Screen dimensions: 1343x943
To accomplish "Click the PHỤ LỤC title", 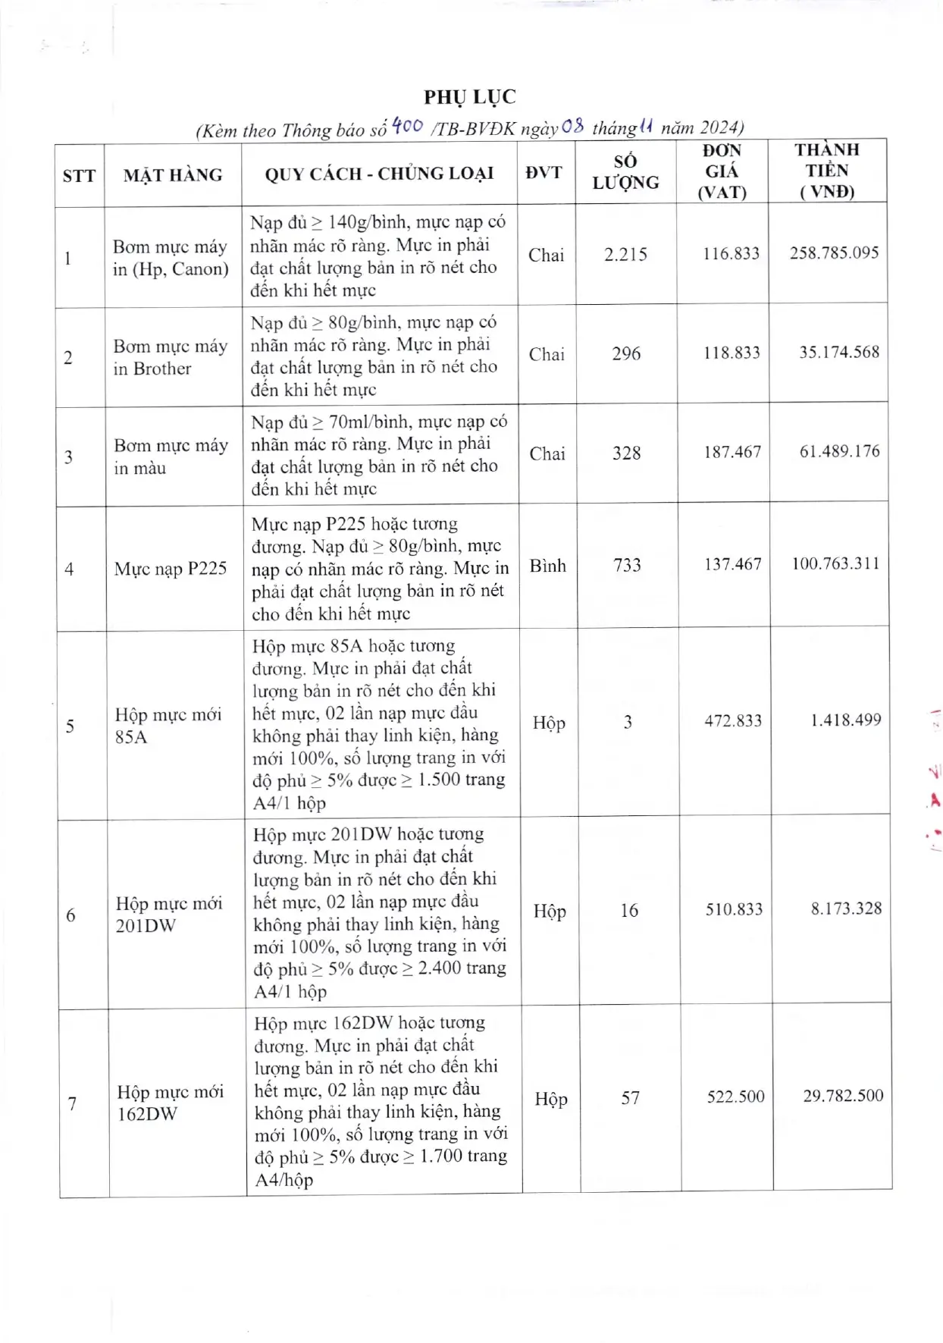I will point(470,97).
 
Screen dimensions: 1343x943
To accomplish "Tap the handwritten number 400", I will point(407,125).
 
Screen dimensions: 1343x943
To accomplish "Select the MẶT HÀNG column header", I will point(173,175).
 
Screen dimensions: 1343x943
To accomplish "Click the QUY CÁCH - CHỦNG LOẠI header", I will point(379,174).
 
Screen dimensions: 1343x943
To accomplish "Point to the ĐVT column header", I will point(544,173).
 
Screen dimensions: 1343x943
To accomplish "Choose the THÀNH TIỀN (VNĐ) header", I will point(827,171).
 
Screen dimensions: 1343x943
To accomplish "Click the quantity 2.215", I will point(625,255).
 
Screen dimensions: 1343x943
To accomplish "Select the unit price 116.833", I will point(731,254).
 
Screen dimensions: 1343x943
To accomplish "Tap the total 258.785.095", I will point(834,253).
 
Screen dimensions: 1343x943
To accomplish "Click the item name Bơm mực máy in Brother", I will point(170,357).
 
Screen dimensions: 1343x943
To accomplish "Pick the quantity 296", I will point(626,353).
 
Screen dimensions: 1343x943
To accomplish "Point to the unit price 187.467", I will point(732,453).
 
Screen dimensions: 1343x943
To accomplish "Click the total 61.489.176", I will point(839,452).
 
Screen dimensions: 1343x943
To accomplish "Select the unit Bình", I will point(547,566).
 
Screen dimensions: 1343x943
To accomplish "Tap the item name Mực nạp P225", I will point(170,569).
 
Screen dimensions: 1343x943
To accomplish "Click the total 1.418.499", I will point(845,720).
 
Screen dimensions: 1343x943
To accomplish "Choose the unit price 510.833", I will point(734,909).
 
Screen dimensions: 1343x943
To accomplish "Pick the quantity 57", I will point(630,1098).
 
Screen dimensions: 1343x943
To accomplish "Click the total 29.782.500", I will point(843,1096).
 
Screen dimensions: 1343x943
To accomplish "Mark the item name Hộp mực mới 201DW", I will point(169,915).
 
